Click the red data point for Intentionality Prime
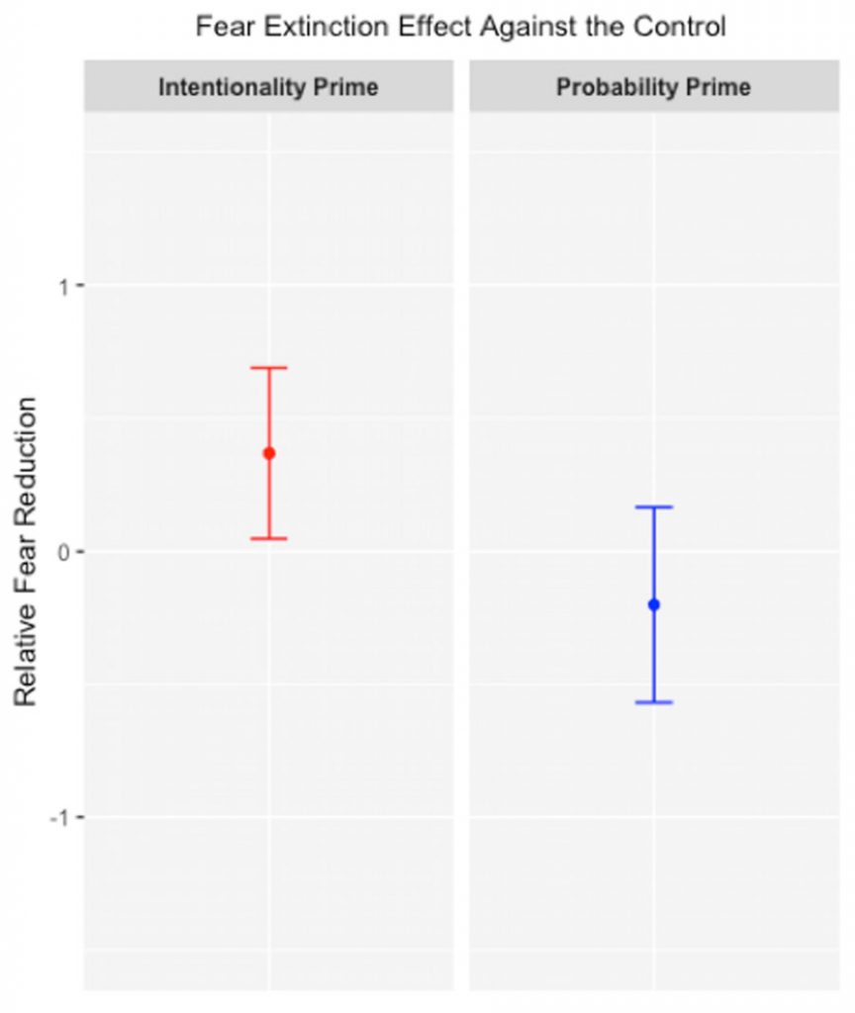click(268, 453)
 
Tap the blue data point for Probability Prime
click(653, 604)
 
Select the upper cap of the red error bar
click(268, 368)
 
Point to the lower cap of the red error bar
click(268, 539)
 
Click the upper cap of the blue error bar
click(653, 507)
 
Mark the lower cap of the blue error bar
click(653, 702)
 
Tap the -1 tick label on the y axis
click(59, 817)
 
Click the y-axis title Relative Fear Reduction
click(26, 551)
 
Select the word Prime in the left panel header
click(345, 87)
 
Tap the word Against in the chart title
click(517, 26)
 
